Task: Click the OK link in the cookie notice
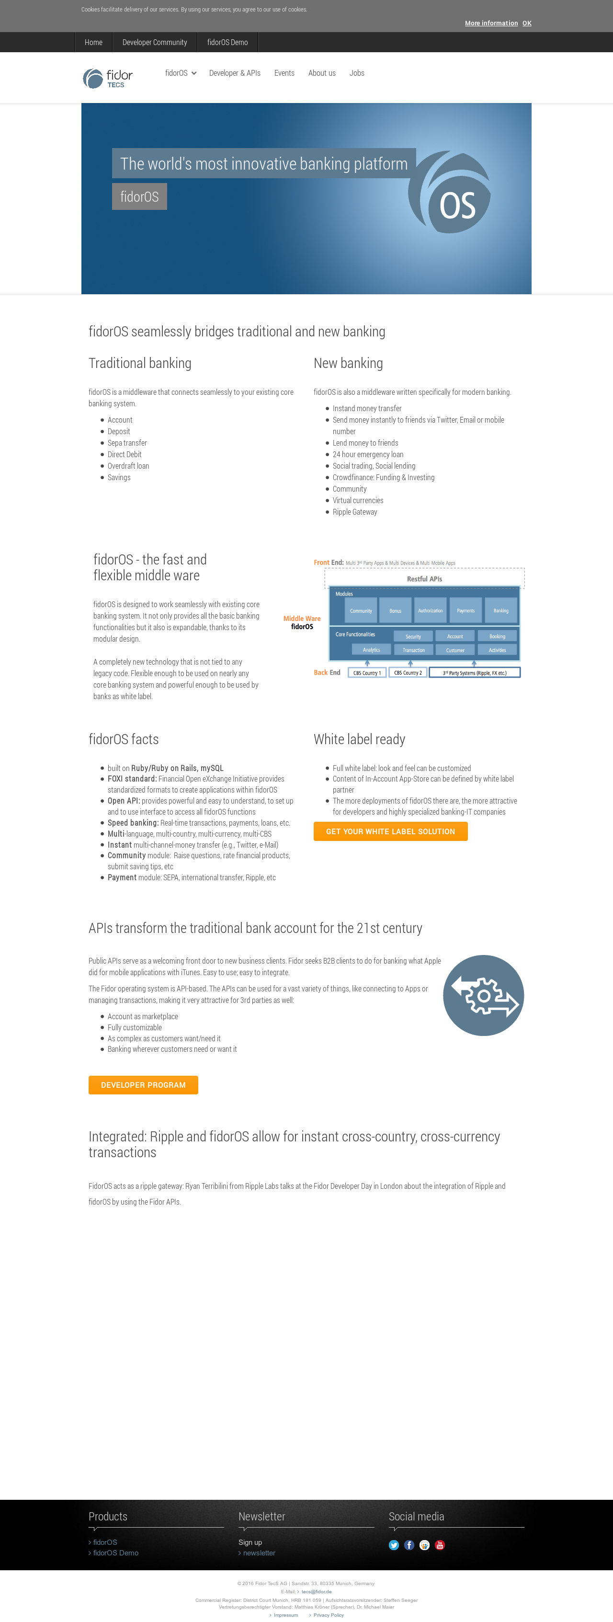[x=527, y=23]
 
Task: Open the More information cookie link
[x=491, y=23]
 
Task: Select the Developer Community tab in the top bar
[x=154, y=42]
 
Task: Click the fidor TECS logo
[x=108, y=78]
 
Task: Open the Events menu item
[x=284, y=73]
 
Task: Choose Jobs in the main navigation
[x=357, y=73]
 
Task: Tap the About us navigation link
[x=322, y=73]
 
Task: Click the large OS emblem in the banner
[x=451, y=192]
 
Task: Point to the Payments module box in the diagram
[x=465, y=610]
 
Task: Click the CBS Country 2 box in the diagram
[x=408, y=672]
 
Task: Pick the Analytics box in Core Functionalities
[x=371, y=650]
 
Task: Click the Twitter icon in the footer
[x=394, y=1544]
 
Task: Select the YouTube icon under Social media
[x=440, y=1544]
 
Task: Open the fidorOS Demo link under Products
[x=116, y=1553]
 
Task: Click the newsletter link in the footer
[x=259, y=1553]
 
